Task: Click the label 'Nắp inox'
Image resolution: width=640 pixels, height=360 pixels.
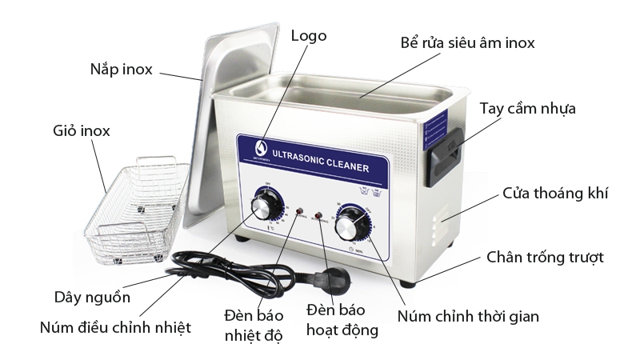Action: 121,68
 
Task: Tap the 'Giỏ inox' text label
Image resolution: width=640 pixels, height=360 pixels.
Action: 82,130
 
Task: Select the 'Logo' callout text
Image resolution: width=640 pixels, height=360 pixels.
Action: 309,36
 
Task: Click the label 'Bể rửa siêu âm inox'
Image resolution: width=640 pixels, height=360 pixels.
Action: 467,42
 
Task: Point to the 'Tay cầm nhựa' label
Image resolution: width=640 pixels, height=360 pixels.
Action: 527,108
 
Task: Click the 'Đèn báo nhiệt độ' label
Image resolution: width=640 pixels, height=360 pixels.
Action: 253,323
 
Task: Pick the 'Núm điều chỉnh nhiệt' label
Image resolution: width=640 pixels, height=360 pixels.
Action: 116,327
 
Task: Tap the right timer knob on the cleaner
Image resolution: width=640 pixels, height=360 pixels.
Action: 350,225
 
